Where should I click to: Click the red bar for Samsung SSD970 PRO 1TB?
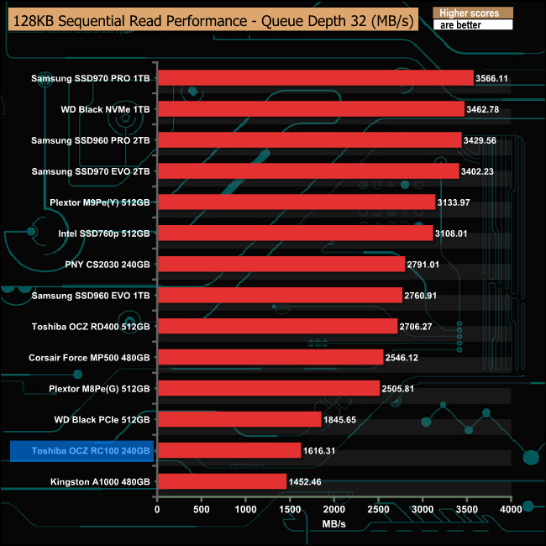315,78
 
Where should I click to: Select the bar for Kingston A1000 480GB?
222,481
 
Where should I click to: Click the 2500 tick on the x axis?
379,509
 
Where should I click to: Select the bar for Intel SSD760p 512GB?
295,234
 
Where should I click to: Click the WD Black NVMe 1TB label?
99,109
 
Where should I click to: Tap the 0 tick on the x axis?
157,509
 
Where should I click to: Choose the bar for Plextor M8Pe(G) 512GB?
268,388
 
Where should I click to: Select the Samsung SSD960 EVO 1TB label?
91,296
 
